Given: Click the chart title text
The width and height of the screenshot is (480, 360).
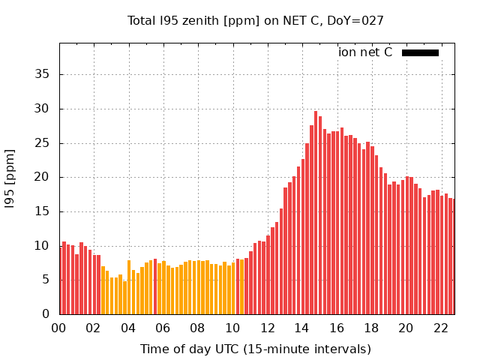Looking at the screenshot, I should coord(256,20).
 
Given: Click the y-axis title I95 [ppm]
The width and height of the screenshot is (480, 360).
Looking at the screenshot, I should coord(10,178).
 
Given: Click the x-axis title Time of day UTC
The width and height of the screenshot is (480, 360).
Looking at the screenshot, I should coord(256,349).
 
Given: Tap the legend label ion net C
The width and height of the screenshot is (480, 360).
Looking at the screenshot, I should coord(365,52).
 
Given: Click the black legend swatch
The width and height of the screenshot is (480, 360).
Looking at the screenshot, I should coord(420,52).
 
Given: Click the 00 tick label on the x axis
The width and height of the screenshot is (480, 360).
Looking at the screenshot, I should coord(59,328).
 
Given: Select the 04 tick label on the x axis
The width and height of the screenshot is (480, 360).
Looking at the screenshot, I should coord(128,328).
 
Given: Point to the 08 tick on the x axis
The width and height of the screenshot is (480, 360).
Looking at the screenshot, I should coord(198,328).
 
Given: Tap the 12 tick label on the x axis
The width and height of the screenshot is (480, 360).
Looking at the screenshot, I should coord(268,328).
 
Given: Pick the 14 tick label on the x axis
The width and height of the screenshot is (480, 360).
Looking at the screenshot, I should coord(302,328).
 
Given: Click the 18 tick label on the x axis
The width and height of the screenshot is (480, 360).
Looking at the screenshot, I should coord(371,328).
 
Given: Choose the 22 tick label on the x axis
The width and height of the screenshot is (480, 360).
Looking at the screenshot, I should coord(441,328).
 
